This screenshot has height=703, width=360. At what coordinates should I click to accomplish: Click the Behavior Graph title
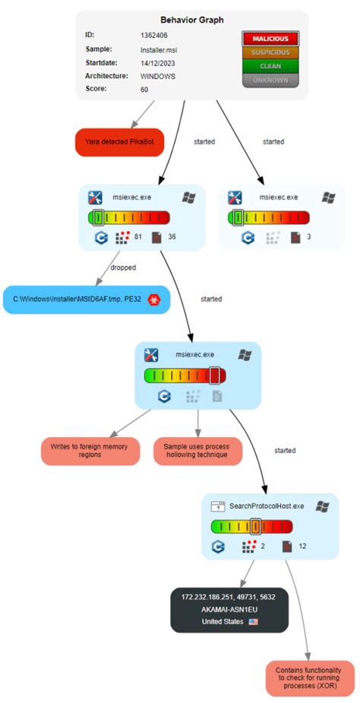192,21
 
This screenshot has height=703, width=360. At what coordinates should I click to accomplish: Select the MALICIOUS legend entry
270,39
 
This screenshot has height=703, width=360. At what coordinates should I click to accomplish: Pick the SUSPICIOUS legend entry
270,52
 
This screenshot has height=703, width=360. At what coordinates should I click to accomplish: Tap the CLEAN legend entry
270,66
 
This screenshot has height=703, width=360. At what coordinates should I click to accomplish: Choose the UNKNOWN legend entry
270,80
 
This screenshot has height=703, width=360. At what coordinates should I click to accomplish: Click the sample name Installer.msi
159,49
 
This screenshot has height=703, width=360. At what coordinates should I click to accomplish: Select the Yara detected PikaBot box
119,142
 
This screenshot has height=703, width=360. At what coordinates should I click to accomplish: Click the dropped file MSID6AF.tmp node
87,299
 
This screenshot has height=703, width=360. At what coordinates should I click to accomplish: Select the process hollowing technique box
197,451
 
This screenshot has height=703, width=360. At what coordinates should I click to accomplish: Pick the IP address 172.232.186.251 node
229,597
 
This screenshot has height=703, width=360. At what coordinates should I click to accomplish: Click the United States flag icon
254,622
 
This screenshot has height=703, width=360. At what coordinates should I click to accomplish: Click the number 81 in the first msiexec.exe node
138,237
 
